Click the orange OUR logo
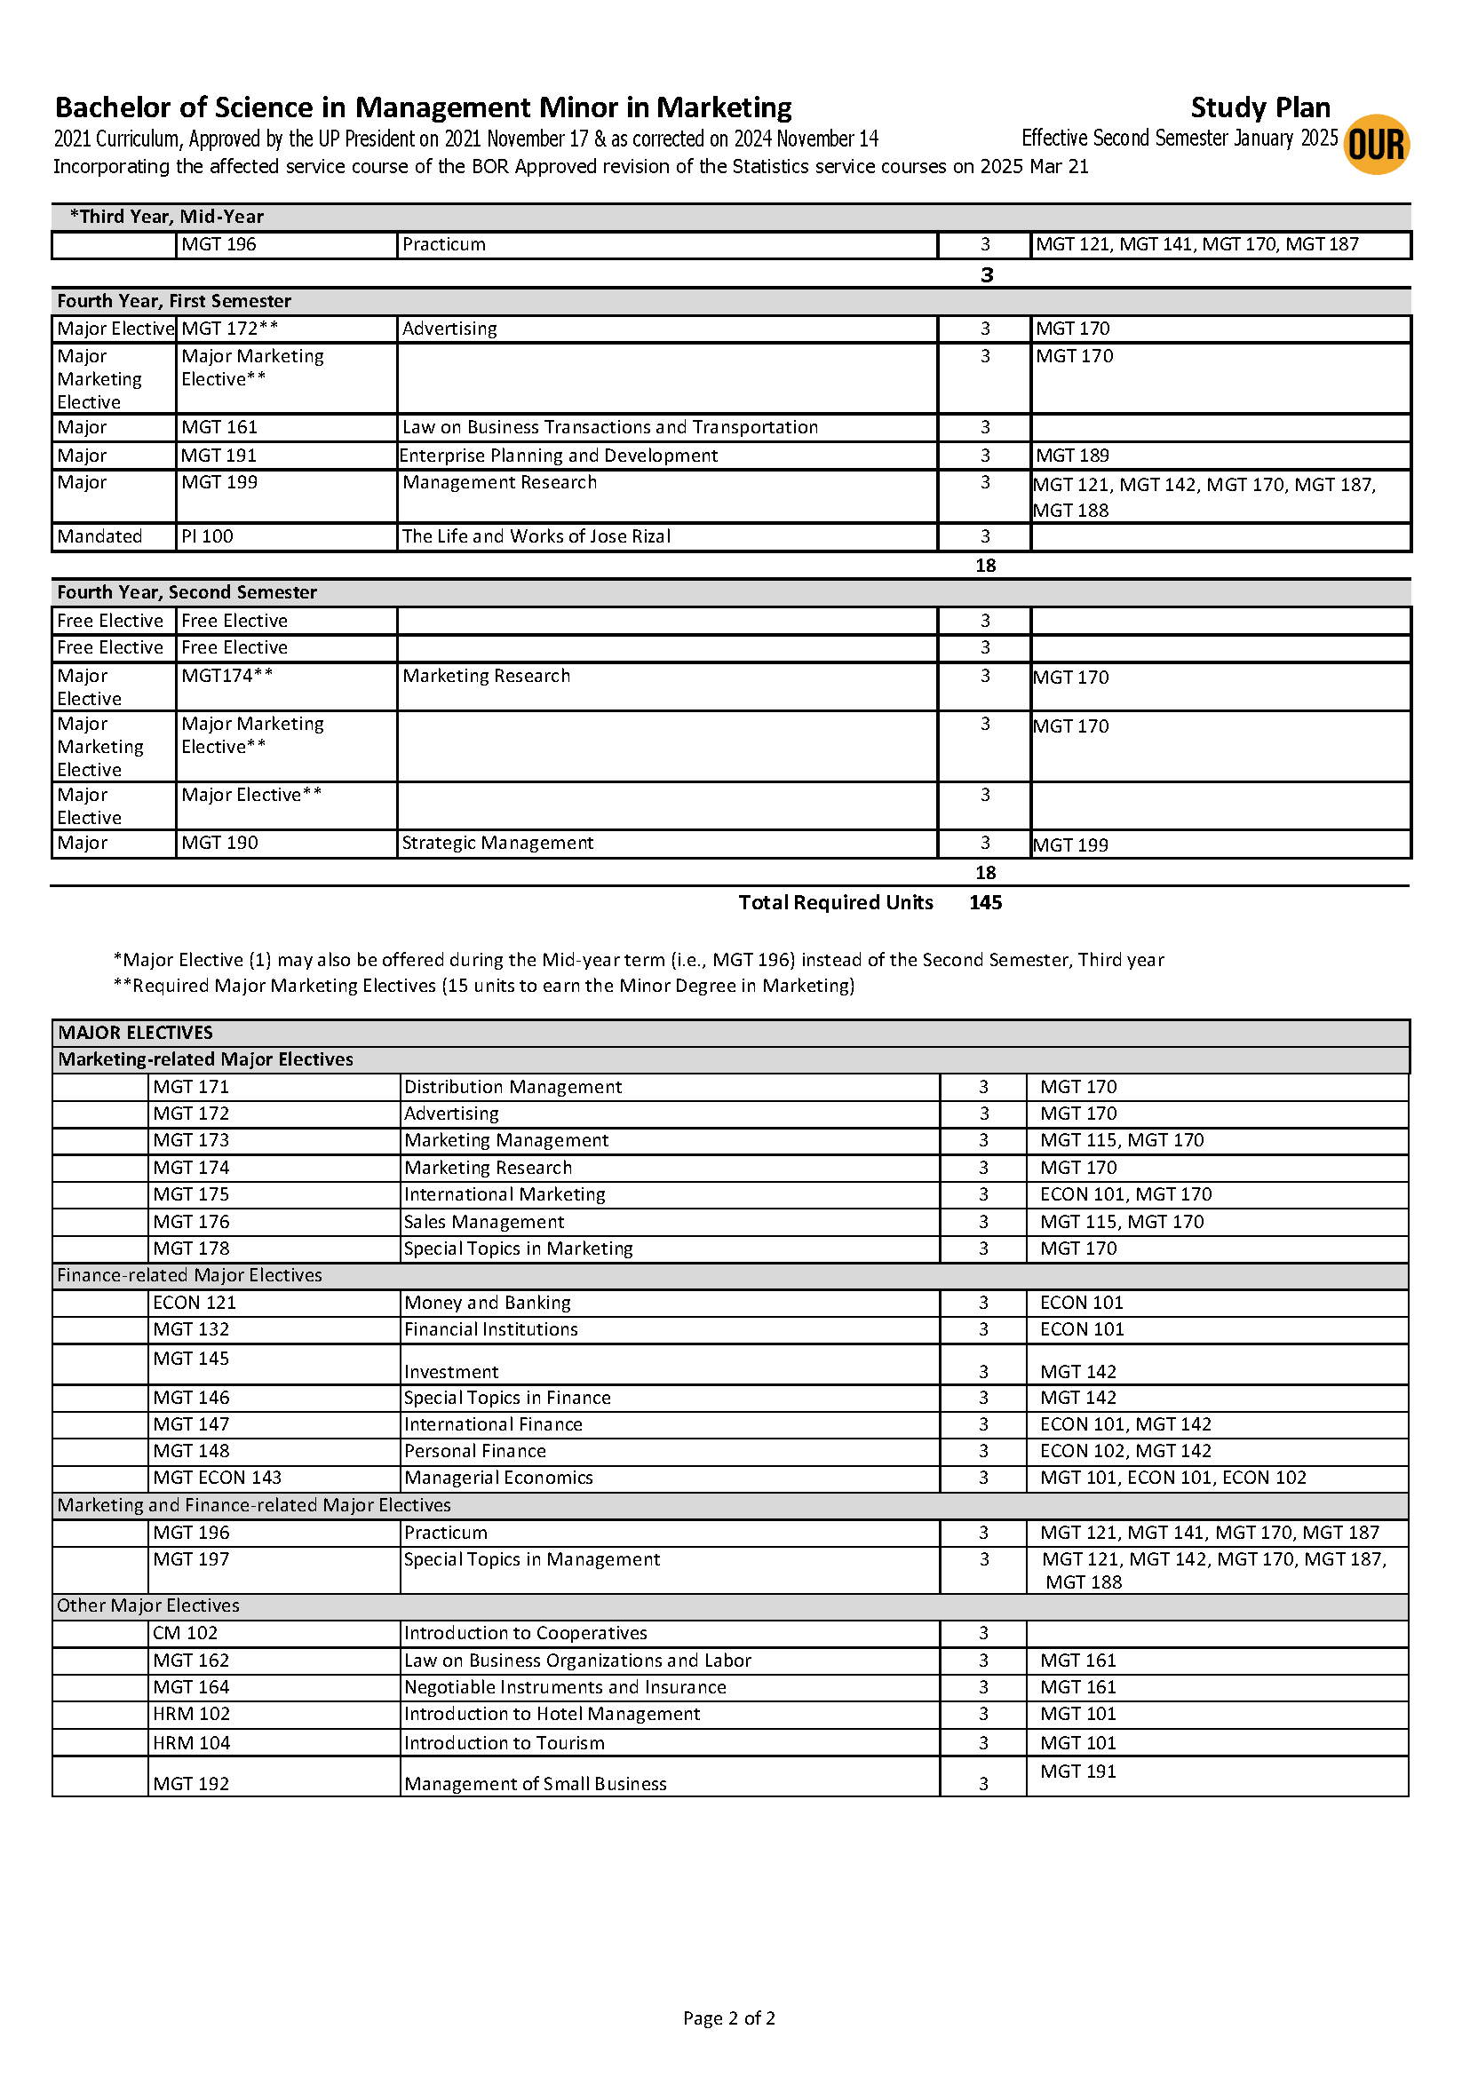click(x=1376, y=145)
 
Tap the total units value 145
click(x=985, y=902)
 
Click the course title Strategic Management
click(x=497, y=842)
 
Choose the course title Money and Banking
click(x=488, y=1302)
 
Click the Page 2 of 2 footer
click(x=729, y=2018)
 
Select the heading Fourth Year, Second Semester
click(x=187, y=591)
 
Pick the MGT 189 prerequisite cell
click(x=1072, y=455)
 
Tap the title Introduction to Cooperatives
click(x=526, y=1632)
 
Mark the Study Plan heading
click(x=1259, y=107)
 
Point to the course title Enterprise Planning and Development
click(x=558, y=455)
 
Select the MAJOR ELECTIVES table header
click(x=136, y=1032)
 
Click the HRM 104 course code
click(x=192, y=1742)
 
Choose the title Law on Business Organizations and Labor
click(x=577, y=1660)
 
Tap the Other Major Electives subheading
click(x=148, y=1605)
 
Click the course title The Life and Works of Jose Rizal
click(x=536, y=536)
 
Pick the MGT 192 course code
click(x=192, y=1783)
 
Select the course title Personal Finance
click(x=475, y=1450)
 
